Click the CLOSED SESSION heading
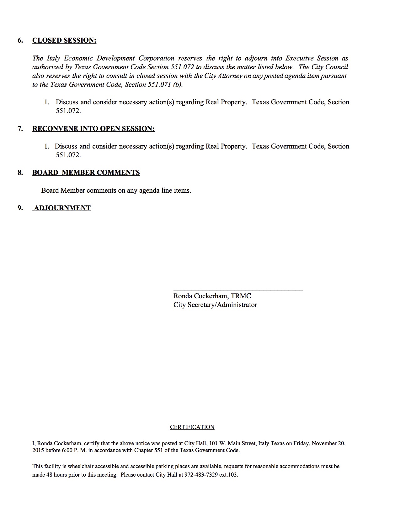[64, 40]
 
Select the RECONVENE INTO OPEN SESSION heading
[93, 129]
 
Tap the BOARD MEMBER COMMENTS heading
[86, 173]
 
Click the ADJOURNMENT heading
[62, 208]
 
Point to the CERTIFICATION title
[192, 427]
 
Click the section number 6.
[20, 40]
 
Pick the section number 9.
[20, 208]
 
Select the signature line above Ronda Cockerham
[238, 291]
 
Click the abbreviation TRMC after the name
[241, 296]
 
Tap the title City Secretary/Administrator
[215, 305]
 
